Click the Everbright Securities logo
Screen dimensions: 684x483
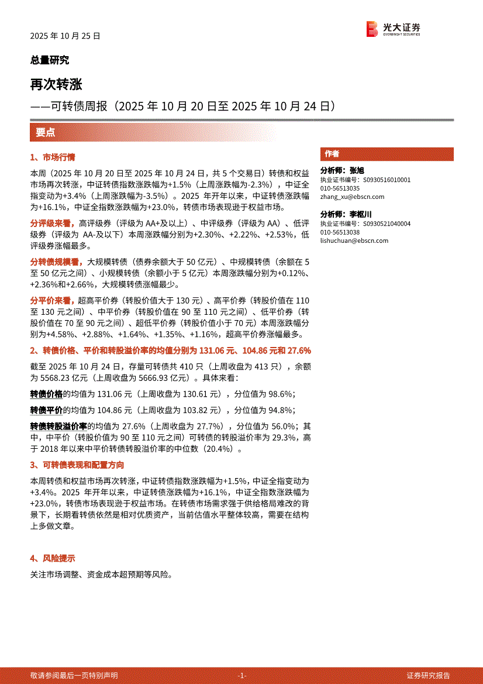[x=393, y=29]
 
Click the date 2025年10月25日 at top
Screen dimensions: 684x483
[x=65, y=36]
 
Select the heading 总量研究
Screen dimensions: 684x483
[x=50, y=60]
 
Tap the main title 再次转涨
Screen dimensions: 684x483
[x=56, y=84]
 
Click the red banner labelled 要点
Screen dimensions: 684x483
[x=46, y=132]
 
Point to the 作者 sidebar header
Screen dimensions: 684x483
[x=332, y=154]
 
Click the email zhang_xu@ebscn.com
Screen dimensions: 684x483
[x=352, y=197]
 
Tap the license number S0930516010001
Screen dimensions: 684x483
[x=387, y=180]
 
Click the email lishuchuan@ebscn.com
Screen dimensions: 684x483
[x=354, y=240]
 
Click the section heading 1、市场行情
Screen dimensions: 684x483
[x=53, y=157]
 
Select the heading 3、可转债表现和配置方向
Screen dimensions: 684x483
[x=77, y=465]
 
